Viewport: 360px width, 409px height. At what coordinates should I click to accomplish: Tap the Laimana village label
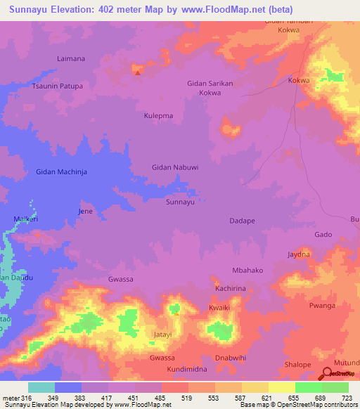tap(70, 60)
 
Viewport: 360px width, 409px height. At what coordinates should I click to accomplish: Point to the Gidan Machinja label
tap(61, 171)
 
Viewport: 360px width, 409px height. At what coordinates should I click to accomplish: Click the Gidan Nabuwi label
tap(175, 167)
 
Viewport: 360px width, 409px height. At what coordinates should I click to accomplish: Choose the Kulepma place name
tap(158, 115)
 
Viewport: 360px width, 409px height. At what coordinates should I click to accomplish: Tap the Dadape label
tap(242, 221)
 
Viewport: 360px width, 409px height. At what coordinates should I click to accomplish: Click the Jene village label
tap(85, 211)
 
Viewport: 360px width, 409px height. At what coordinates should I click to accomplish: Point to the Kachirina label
tap(231, 289)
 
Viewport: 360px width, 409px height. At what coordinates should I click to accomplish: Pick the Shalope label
tap(297, 364)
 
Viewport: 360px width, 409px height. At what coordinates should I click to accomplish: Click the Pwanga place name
tap(322, 306)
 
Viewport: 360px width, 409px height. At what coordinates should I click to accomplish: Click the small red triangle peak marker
tap(138, 72)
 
